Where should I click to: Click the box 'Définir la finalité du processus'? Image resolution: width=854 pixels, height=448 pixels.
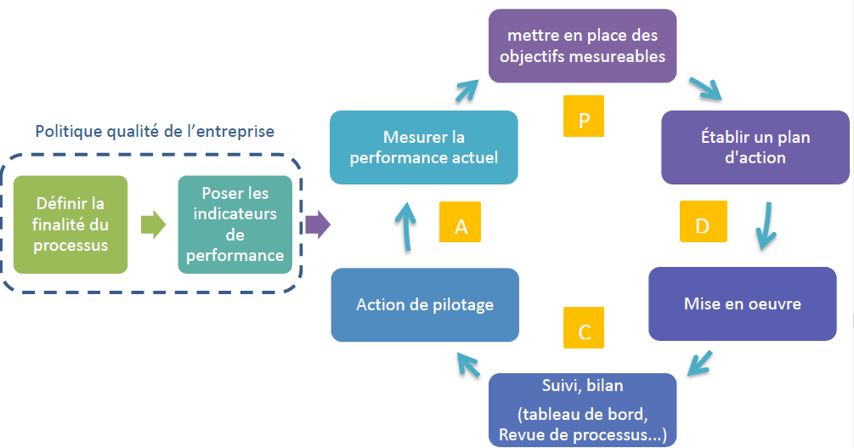[71, 224]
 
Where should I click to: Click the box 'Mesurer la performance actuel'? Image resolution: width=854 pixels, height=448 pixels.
[424, 147]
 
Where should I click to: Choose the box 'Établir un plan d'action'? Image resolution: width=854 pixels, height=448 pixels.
[755, 147]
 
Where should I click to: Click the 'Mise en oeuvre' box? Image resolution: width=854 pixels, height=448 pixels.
[742, 303]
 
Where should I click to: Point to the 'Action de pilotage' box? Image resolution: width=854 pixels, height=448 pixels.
[425, 304]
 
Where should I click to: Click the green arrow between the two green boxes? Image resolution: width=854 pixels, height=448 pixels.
[153, 225]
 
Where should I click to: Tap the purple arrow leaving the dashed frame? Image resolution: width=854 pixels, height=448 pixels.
[317, 225]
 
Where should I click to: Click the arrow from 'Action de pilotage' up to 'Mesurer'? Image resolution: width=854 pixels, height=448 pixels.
[406, 225]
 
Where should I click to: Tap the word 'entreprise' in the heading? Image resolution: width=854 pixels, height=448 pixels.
[236, 132]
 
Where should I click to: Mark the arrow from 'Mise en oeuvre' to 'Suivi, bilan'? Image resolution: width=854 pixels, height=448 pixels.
[699, 363]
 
